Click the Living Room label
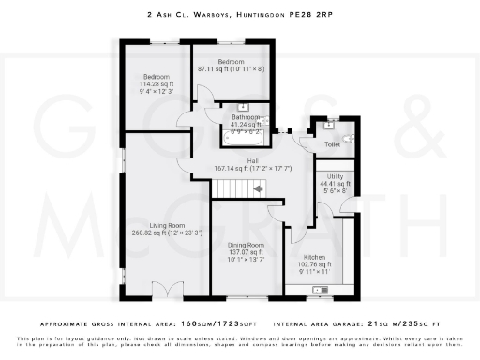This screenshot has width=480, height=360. click(x=164, y=225)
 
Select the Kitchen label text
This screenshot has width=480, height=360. click(x=315, y=257)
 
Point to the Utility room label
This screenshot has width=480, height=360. click(x=335, y=176)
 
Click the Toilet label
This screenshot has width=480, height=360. click(x=332, y=144)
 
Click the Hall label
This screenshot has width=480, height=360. click(x=252, y=161)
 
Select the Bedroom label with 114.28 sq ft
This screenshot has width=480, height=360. click(x=156, y=76)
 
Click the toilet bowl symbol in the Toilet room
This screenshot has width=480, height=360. click(x=348, y=138)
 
